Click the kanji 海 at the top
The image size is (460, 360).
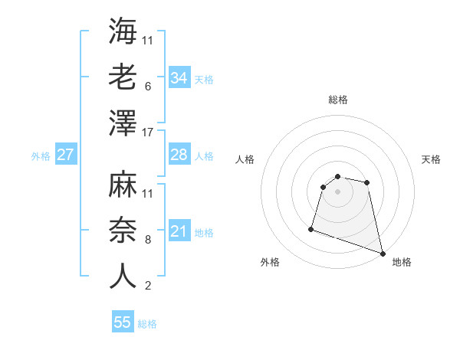click(x=123, y=31)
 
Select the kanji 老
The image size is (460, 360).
click(x=123, y=77)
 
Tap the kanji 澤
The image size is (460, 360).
click(x=123, y=123)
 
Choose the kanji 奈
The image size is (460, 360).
click(x=123, y=231)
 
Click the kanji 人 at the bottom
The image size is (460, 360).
click(x=123, y=277)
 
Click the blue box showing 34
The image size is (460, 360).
click(x=179, y=78)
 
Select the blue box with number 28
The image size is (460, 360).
click(x=179, y=155)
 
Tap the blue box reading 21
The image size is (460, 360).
click(x=179, y=231)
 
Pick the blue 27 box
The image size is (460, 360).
click(x=65, y=155)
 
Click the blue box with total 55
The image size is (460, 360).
click(x=123, y=322)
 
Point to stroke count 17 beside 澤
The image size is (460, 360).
click(x=149, y=133)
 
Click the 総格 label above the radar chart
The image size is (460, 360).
click(x=337, y=100)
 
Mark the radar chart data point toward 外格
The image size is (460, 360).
click(x=311, y=228)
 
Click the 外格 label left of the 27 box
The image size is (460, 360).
click(x=41, y=156)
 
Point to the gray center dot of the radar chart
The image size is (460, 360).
click(x=337, y=191)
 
